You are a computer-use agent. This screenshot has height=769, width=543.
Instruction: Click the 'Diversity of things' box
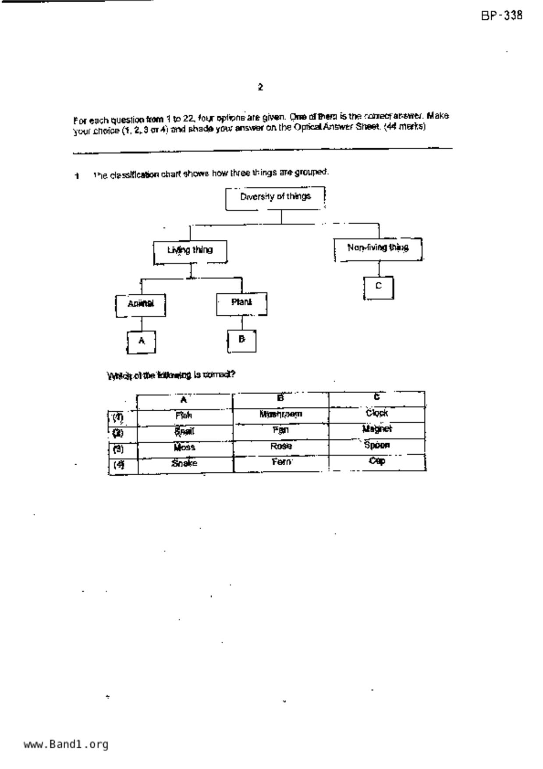(x=275, y=198)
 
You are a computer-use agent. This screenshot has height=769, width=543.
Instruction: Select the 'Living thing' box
(x=190, y=251)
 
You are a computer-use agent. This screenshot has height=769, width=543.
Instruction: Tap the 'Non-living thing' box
(x=378, y=249)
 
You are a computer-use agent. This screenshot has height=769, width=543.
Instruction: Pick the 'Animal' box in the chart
(x=141, y=305)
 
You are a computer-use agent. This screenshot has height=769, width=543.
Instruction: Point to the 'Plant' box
(x=241, y=303)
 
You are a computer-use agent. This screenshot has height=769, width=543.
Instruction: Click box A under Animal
(x=141, y=342)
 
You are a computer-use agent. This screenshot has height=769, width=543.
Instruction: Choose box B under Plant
(x=241, y=340)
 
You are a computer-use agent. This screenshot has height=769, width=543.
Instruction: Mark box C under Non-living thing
(x=378, y=287)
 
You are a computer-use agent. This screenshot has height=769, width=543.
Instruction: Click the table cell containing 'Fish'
(x=184, y=416)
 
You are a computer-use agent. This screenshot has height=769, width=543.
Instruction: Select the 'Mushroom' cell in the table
(x=280, y=414)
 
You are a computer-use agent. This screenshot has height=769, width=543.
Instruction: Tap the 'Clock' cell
(x=377, y=413)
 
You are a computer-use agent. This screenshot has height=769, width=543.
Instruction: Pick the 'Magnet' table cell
(x=377, y=430)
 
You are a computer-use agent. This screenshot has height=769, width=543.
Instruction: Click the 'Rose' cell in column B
(x=281, y=446)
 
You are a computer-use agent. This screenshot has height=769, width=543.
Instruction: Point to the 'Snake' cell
(x=185, y=463)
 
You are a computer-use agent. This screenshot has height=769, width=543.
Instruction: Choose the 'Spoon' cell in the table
(x=377, y=445)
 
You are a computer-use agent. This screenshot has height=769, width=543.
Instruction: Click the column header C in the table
(x=377, y=398)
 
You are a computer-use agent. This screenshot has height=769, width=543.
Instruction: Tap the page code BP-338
(x=502, y=16)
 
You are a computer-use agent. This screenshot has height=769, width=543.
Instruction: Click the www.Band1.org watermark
(x=66, y=744)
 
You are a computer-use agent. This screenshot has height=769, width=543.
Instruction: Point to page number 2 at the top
(x=260, y=87)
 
